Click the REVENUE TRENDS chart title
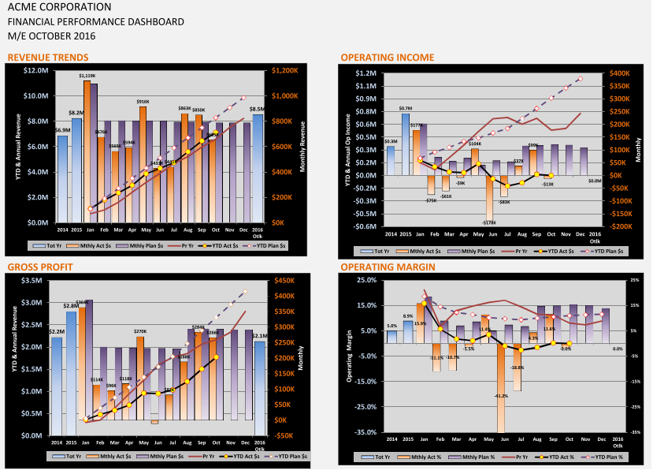point(47,57)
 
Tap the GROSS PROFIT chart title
point(35,267)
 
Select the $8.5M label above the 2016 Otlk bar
point(258,109)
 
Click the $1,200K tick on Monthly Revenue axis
point(285,71)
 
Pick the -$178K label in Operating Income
point(490,222)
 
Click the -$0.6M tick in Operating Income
point(365,226)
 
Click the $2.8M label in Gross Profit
point(71,306)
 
